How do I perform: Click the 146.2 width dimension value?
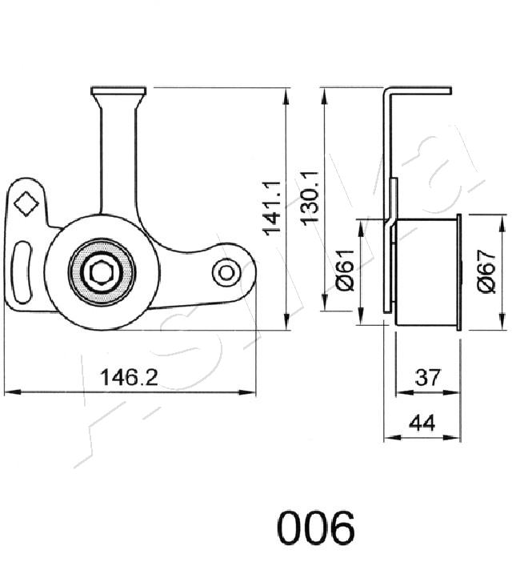click(x=129, y=377)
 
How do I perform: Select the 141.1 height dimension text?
click(x=273, y=208)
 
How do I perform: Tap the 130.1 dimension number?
click(x=310, y=199)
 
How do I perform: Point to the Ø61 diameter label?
click(x=346, y=270)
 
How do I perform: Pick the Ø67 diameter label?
click(x=487, y=271)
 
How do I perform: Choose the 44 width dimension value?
click(x=422, y=422)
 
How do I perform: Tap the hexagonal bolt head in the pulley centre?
click(x=102, y=273)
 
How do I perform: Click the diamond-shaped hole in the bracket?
click(x=26, y=203)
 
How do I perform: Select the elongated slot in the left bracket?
click(x=22, y=271)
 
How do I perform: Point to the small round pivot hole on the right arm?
click(x=226, y=273)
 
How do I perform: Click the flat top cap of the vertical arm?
click(x=118, y=90)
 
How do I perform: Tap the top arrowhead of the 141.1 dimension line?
click(x=286, y=96)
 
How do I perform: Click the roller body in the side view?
click(x=426, y=271)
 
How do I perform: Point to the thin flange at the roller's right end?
click(x=458, y=271)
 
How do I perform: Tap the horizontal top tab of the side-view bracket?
click(x=419, y=90)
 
